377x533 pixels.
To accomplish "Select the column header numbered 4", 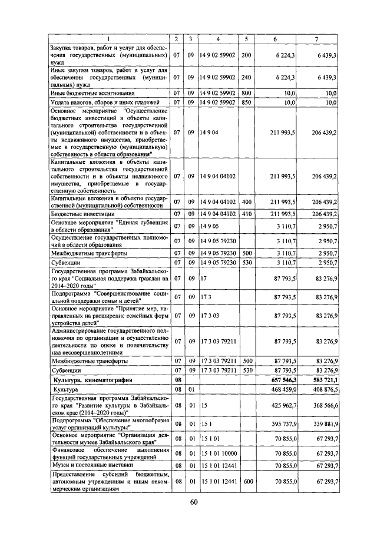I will [x=218, y=39].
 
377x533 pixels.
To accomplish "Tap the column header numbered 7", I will [x=316, y=39].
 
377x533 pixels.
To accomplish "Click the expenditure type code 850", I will [x=246, y=102].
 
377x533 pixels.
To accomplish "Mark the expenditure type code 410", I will [x=246, y=213].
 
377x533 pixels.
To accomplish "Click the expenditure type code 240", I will [x=246, y=77].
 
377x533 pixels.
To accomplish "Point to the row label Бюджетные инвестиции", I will [x=82, y=213].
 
